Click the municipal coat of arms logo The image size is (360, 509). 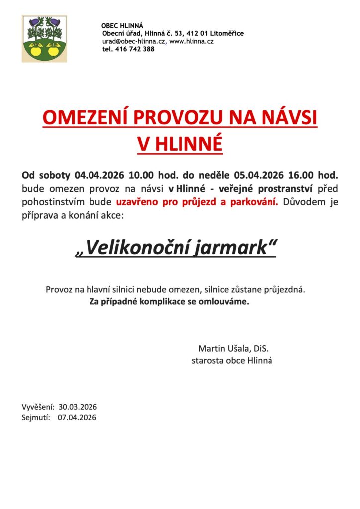tap(44, 39)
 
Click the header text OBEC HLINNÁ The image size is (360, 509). tap(122, 25)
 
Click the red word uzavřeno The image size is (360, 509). tap(136, 202)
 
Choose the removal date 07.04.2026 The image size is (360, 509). tap(77, 418)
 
